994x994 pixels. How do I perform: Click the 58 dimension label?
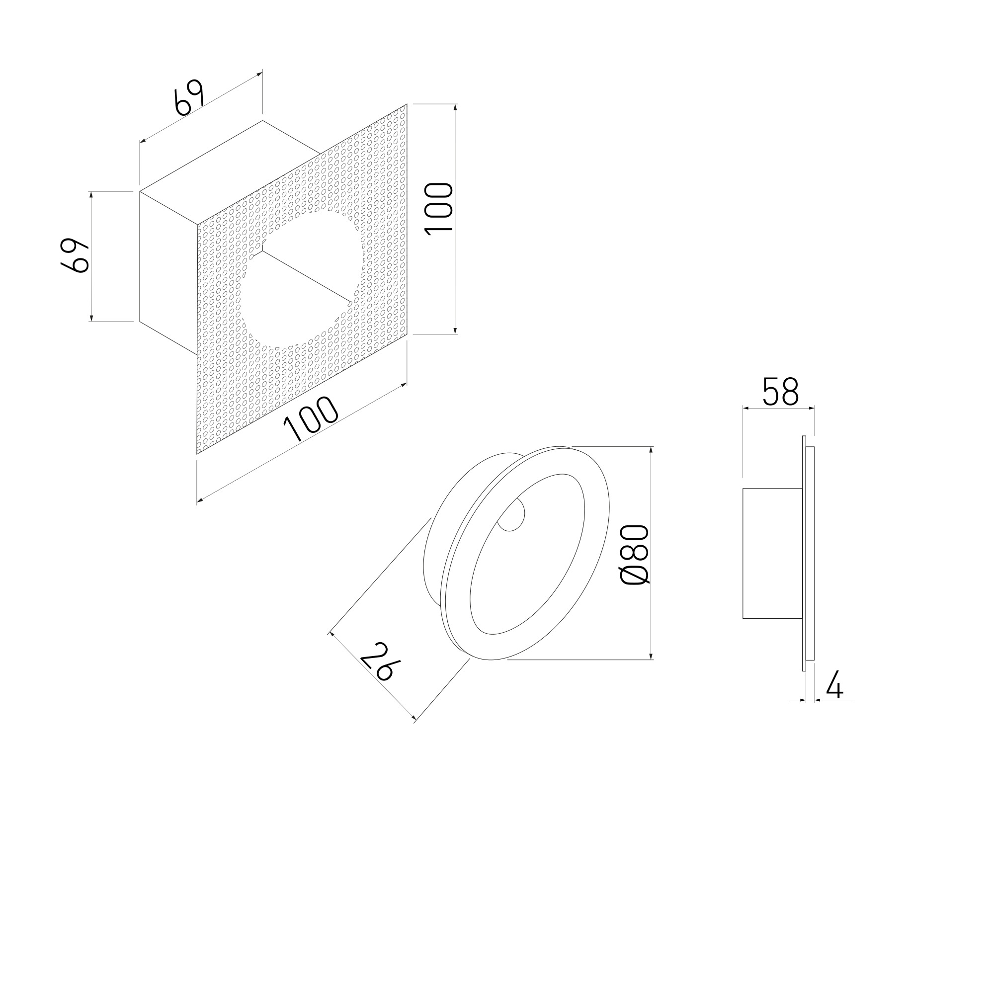780,392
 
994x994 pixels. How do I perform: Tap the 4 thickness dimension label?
835,684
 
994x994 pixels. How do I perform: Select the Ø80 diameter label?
635,555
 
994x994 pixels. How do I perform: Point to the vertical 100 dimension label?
439,209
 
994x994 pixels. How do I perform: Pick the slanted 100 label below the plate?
311,419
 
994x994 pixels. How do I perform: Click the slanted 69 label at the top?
189,98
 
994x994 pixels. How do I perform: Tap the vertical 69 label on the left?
75,255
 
